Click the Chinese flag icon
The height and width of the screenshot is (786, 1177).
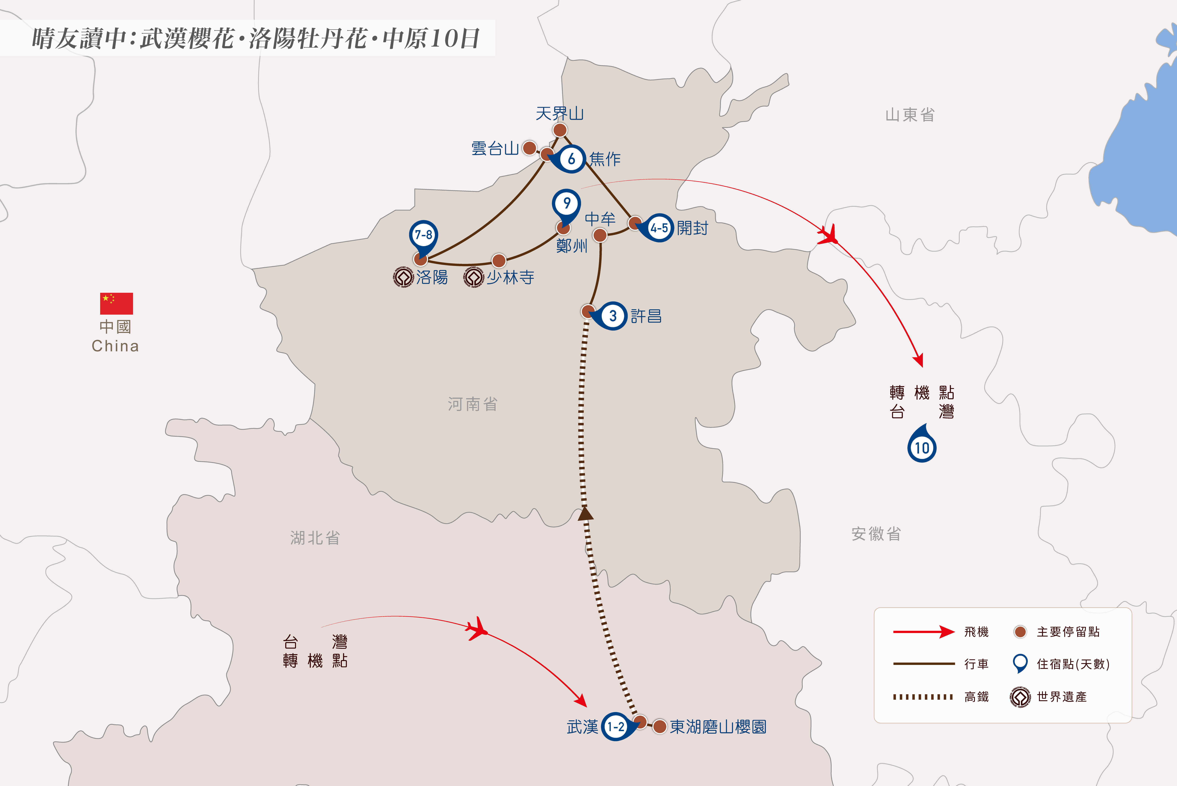click(116, 303)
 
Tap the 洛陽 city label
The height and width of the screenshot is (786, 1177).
click(432, 277)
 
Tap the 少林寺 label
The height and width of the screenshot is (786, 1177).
click(510, 277)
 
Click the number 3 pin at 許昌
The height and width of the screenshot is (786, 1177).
click(609, 316)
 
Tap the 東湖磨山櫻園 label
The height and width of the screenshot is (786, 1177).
click(718, 727)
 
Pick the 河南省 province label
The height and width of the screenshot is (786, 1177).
click(473, 404)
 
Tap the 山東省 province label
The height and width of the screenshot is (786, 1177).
click(910, 115)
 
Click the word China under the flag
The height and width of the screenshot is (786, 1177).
click(115, 346)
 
